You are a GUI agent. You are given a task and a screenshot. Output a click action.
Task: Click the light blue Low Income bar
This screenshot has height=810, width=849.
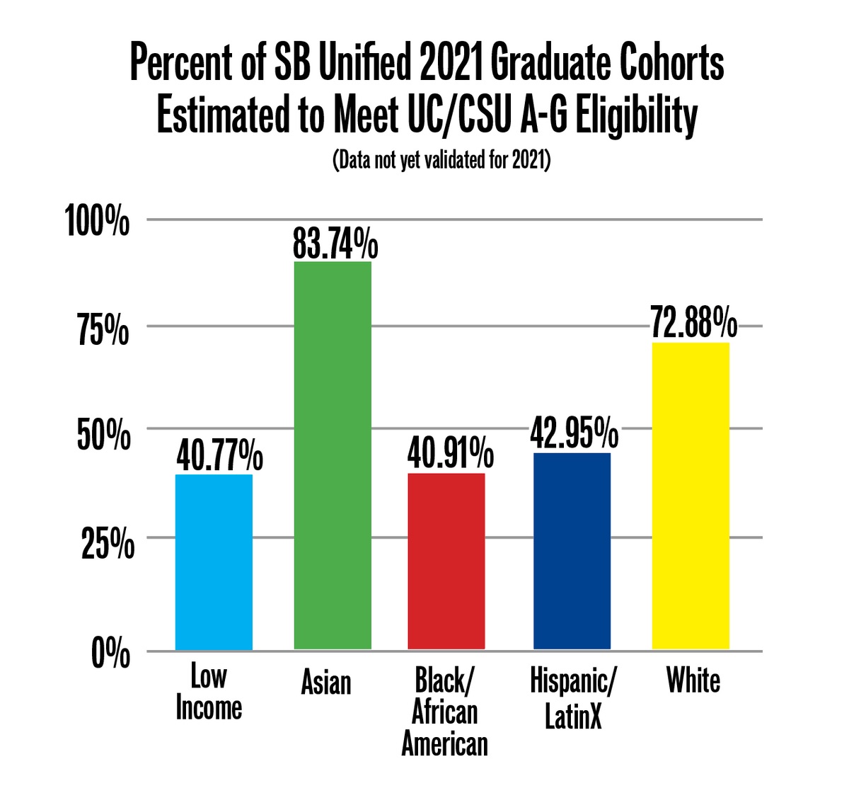click(x=214, y=562)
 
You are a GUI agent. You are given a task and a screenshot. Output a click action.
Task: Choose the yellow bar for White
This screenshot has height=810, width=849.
click(x=691, y=496)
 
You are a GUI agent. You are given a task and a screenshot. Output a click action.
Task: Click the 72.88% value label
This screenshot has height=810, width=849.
click(x=693, y=325)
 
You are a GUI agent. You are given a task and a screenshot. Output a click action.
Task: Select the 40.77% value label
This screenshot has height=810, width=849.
click(x=219, y=456)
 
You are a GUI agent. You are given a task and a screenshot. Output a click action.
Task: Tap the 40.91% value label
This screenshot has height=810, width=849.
click(x=450, y=454)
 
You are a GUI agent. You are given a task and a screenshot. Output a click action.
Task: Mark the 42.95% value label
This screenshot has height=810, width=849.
click(x=574, y=433)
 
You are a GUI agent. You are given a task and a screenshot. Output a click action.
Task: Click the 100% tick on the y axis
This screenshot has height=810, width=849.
click(x=98, y=221)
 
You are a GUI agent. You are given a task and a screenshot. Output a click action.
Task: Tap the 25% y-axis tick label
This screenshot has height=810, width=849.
click(x=106, y=544)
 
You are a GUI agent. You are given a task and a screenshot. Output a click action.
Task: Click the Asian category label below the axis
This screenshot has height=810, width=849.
click(x=325, y=683)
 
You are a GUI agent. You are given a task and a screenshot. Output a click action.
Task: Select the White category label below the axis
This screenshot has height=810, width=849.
click(x=693, y=680)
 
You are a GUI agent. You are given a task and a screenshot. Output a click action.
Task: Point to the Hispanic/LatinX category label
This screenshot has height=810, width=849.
click(x=573, y=698)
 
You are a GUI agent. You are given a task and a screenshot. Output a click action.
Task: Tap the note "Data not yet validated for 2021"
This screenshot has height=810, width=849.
click(x=441, y=160)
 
